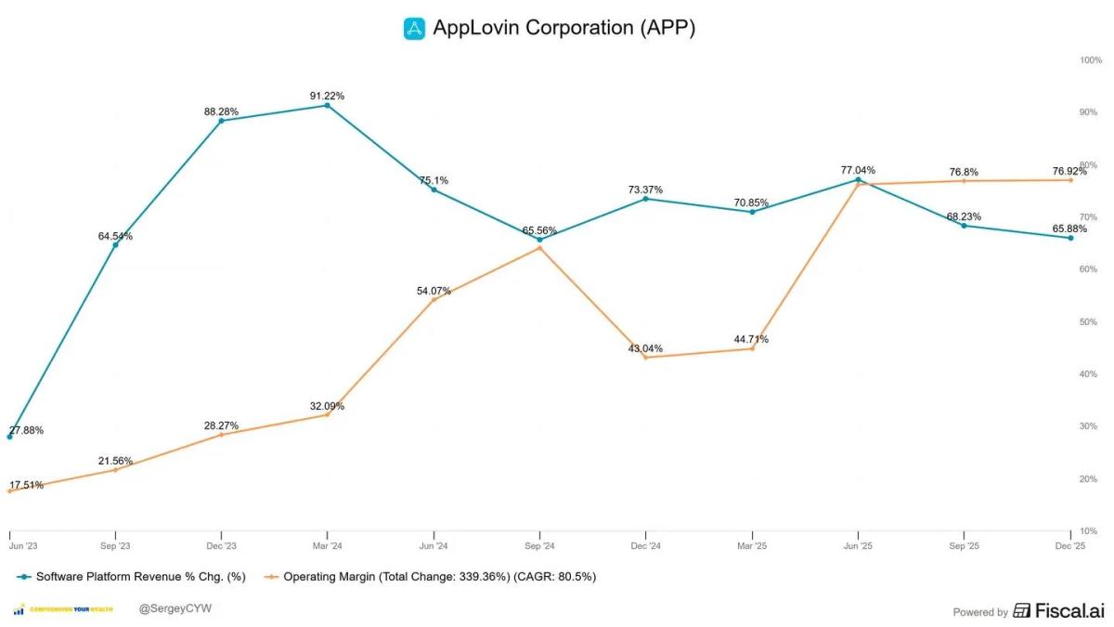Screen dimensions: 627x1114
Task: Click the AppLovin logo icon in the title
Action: [x=414, y=28]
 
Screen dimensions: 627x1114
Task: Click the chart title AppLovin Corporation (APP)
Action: [x=563, y=28]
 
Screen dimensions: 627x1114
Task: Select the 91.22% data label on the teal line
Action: [x=327, y=96]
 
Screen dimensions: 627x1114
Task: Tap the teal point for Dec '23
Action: [x=221, y=121]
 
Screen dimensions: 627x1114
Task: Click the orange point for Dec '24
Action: [x=645, y=358]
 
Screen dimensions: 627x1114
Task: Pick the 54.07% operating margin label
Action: [x=434, y=291]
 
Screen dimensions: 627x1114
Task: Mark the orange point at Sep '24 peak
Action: [x=539, y=247]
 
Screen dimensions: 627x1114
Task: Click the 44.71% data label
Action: [x=751, y=339]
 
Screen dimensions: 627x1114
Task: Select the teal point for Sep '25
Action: [x=964, y=226]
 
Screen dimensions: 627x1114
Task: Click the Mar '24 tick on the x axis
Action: [x=327, y=546]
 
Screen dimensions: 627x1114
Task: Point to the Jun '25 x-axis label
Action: [x=858, y=546]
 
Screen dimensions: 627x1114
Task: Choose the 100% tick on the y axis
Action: [x=1090, y=60]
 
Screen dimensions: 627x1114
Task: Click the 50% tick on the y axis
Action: [x=1090, y=322]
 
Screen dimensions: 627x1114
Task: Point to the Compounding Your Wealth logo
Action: [x=64, y=609]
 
